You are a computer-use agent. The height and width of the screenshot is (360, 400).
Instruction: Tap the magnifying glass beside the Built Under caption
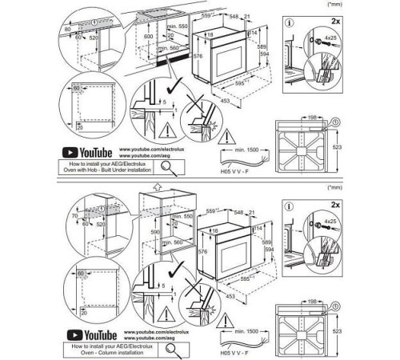(169, 166)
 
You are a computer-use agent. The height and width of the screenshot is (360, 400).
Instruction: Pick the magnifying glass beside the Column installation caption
(169, 346)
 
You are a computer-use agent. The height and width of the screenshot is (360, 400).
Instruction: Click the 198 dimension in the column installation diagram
(308, 306)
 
